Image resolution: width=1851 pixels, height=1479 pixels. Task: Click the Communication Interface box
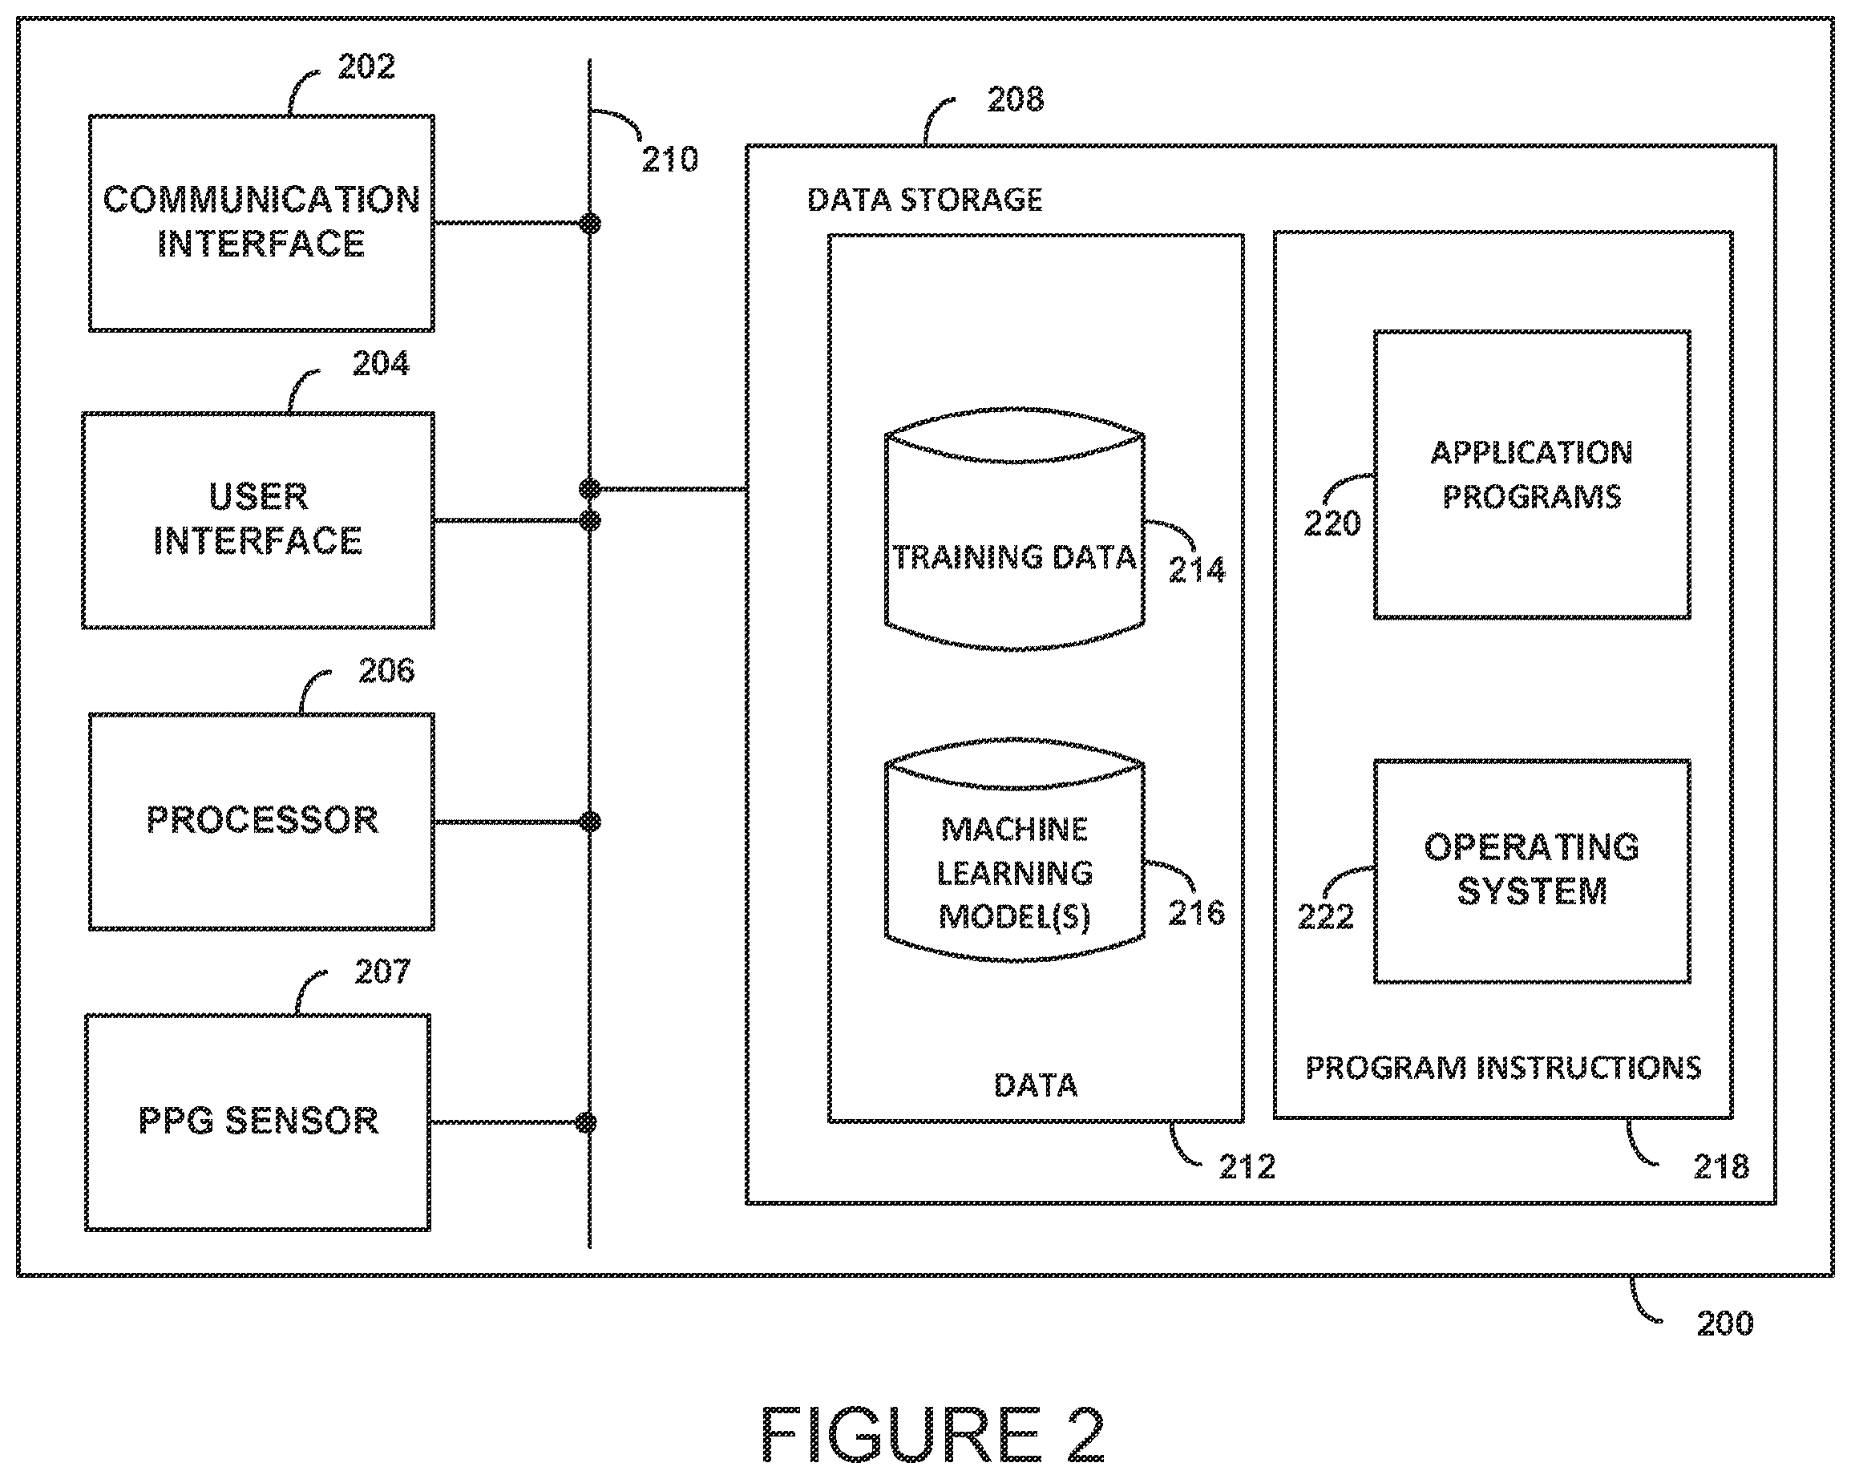(x=261, y=222)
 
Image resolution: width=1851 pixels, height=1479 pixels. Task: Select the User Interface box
(x=257, y=520)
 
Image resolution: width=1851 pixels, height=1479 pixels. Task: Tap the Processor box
(x=261, y=822)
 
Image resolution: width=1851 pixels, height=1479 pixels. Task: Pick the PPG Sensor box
(x=257, y=1122)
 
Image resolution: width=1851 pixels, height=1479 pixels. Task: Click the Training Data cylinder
(x=1014, y=529)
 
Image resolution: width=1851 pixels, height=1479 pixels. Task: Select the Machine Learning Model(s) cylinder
(x=1014, y=850)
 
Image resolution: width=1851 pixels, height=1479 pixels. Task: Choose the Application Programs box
(x=1532, y=475)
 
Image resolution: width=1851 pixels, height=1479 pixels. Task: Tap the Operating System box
(x=1532, y=871)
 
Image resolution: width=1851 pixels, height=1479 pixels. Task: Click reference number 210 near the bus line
(x=670, y=160)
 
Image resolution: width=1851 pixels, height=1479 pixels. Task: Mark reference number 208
(x=1016, y=99)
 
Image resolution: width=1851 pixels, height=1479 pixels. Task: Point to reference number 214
(x=1197, y=570)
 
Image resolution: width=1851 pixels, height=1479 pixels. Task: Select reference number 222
(x=1326, y=918)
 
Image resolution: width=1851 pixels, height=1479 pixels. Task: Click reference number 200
(x=1725, y=1323)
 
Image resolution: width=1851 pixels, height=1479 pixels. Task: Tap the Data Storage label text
(x=924, y=200)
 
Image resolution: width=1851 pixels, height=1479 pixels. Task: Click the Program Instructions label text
(x=1503, y=1068)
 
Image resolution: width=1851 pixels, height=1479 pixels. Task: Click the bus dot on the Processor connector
(x=590, y=822)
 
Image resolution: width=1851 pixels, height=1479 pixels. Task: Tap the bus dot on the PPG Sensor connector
(x=586, y=1123)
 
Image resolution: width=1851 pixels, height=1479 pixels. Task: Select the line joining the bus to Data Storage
(x=668, y=489)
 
